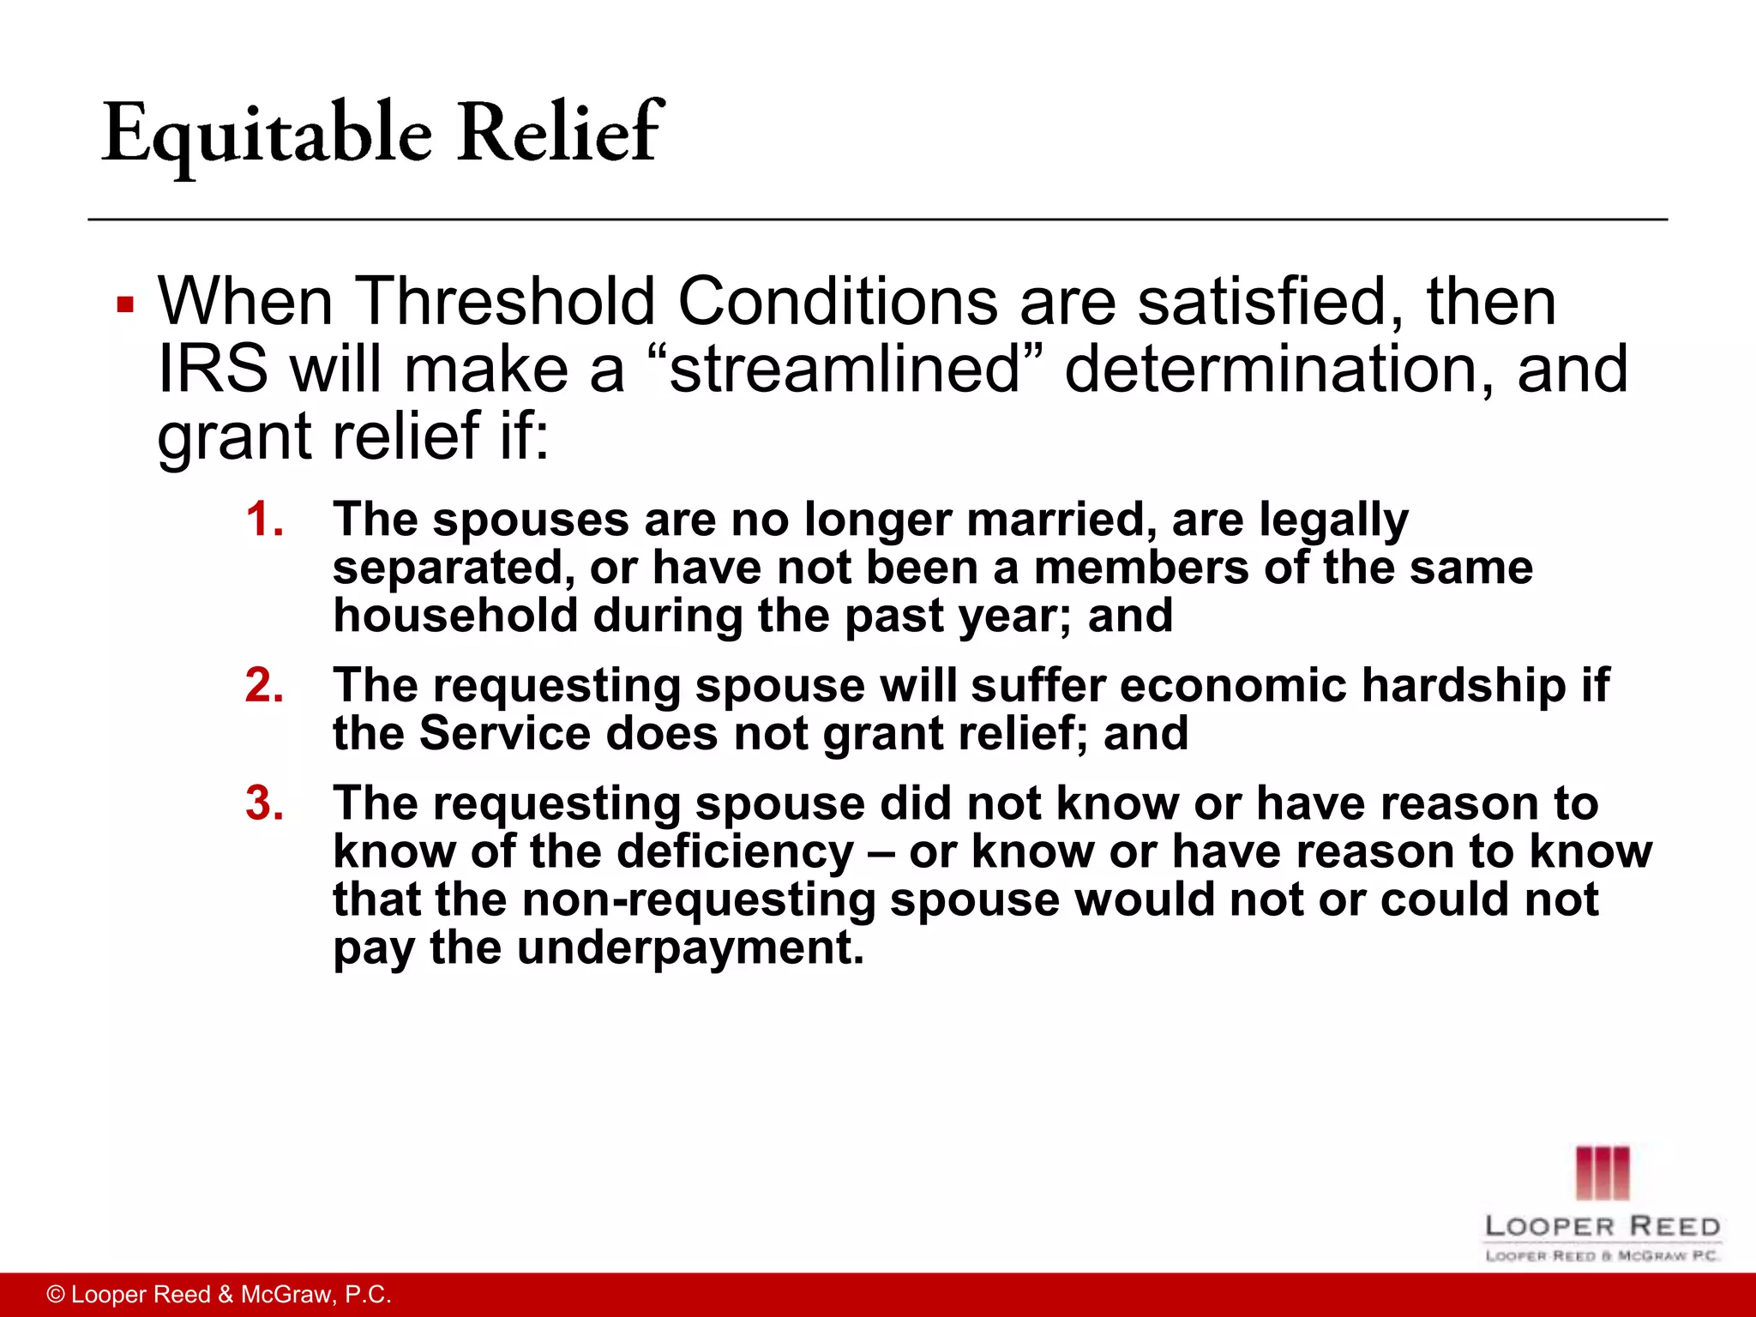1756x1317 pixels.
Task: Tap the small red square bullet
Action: click(x=125, y=304)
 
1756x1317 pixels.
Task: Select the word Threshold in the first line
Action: click(x=505, y=301)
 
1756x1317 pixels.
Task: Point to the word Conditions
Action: click(x=839, y=301)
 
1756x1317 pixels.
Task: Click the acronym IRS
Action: click(x=213, y=370)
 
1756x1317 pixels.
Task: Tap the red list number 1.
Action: click(x=264, y=520)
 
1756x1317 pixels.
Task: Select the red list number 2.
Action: click(x=264, y=686)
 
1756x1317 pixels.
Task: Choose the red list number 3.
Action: click(x=264, y=804)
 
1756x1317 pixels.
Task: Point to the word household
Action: click(x=455, y=616)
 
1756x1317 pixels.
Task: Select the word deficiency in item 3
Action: click(x=736, y=852)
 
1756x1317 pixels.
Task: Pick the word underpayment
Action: click(x=690, y=948)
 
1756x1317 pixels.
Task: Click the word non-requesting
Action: click(x=699, y=900)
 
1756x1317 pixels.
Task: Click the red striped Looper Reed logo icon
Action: click(x=1602, y=1172)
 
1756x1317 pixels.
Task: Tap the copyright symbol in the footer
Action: click(x=56, y=1295)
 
